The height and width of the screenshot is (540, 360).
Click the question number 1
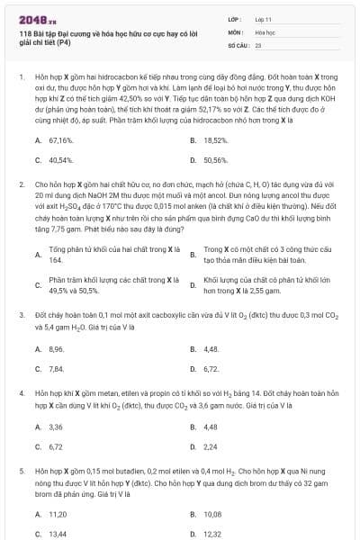pos(20,78)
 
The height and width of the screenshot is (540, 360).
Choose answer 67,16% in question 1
pos(60,140)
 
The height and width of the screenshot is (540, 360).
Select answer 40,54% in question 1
pos(60,160)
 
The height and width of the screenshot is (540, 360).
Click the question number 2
pos(20,184)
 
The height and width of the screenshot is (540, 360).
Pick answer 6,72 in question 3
pos(211,368)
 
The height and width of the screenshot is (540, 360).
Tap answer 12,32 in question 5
pos(213,534)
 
